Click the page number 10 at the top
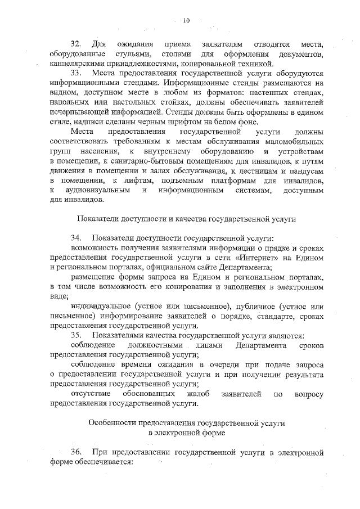pos(187,21)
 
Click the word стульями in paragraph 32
pos(132,54)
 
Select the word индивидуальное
pos(102,306)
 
